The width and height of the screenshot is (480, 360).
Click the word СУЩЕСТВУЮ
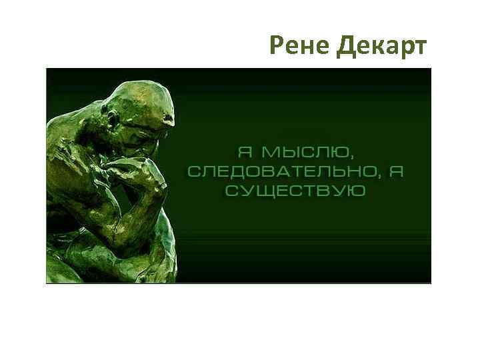(295, 191)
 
